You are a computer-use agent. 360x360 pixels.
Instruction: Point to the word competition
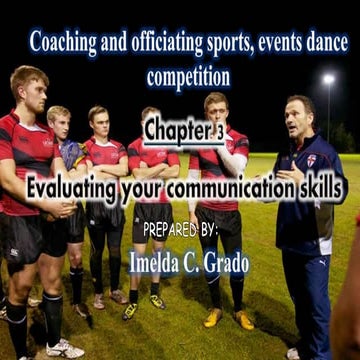[x=188, y=76]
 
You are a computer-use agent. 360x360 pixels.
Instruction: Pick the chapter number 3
[x=218, y=130]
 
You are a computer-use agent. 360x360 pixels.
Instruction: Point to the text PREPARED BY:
[x=180, y=229]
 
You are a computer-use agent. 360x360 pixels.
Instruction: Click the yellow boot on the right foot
[x=244, y=319]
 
